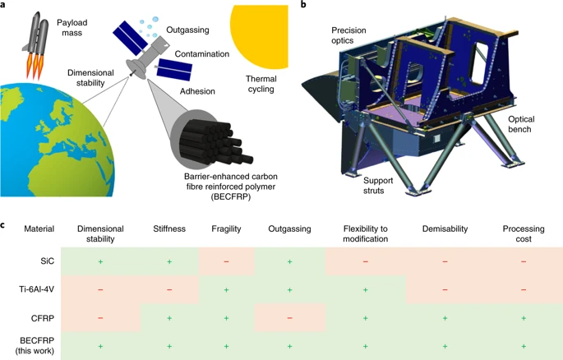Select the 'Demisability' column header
pyautogui.click(x=445, y=228)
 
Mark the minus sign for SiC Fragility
pyautogui.click(x=226, y=261)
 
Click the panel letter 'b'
pyautogui.click(x=304, y=6)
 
